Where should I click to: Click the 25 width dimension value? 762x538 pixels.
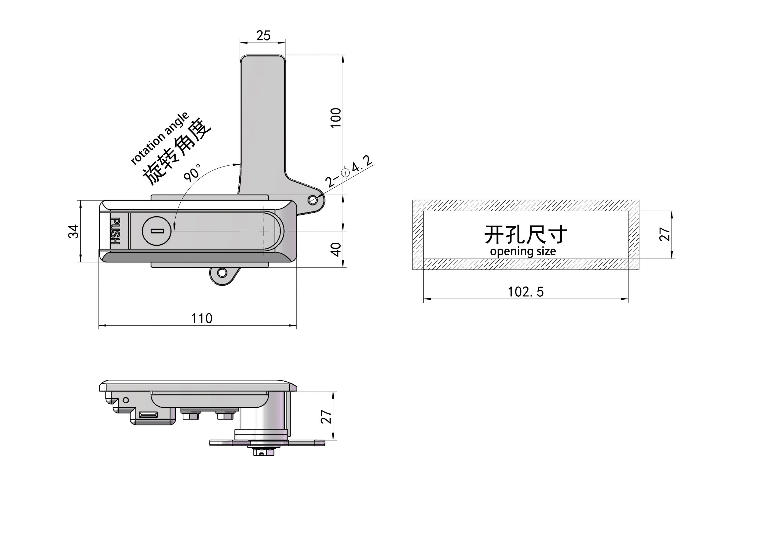[263, 35]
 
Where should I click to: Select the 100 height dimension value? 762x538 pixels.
[336, 118]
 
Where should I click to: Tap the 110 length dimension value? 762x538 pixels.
[202, 318]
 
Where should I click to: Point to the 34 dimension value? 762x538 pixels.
[74, 231]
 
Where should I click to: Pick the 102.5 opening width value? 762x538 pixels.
[526, 292]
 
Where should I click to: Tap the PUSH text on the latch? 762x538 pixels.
[115, 231]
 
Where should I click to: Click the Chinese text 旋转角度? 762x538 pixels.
[177, 151]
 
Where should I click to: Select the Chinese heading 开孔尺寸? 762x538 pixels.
[526, 234]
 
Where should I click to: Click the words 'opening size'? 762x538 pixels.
[523, 251]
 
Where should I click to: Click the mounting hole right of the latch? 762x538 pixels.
[312, 200]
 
